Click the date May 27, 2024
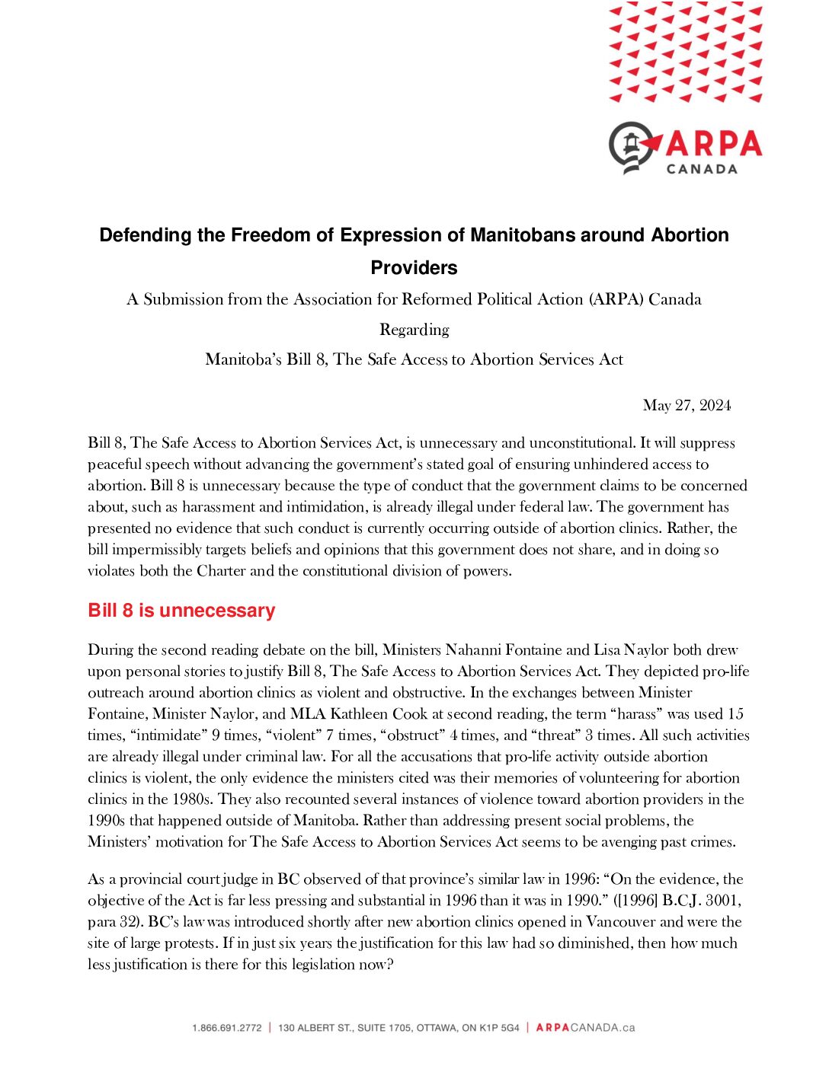point(687,405)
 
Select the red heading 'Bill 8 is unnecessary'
point(181,611)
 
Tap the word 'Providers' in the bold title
point(414,267)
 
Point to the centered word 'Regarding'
point(414,330)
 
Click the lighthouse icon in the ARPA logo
point(631,145)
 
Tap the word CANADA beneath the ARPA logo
point(702,169)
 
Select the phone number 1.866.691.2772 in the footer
point(226,1028)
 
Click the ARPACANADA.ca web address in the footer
point(585,1028)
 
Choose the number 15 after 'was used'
point(735,714)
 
